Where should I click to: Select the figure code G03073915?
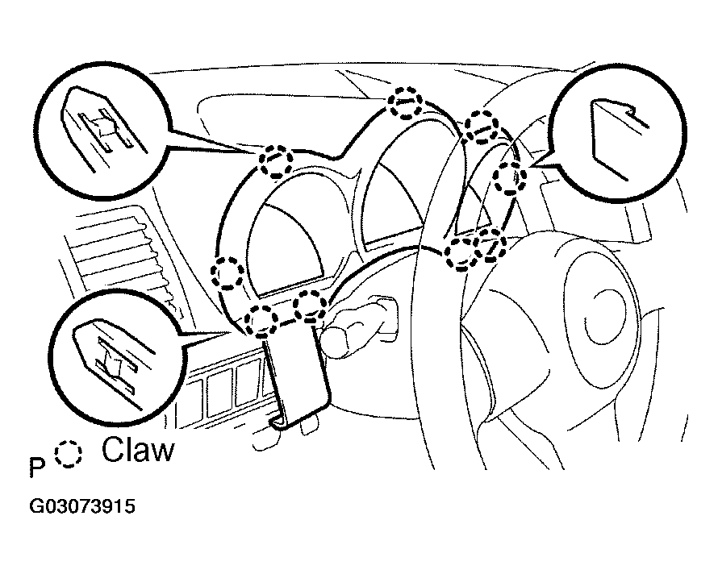(x=82, y=506)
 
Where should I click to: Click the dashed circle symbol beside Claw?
(x=69, y=454)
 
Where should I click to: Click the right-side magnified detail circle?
(x=617, y=133)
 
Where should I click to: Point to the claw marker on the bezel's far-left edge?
(x=228, y=273)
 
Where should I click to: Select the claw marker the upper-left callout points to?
(x=276, y=160)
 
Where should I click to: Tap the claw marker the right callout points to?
(x=510, y=177)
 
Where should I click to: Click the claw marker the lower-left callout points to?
(x=261, y=320)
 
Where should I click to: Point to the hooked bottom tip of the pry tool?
(x=279, y=423)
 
